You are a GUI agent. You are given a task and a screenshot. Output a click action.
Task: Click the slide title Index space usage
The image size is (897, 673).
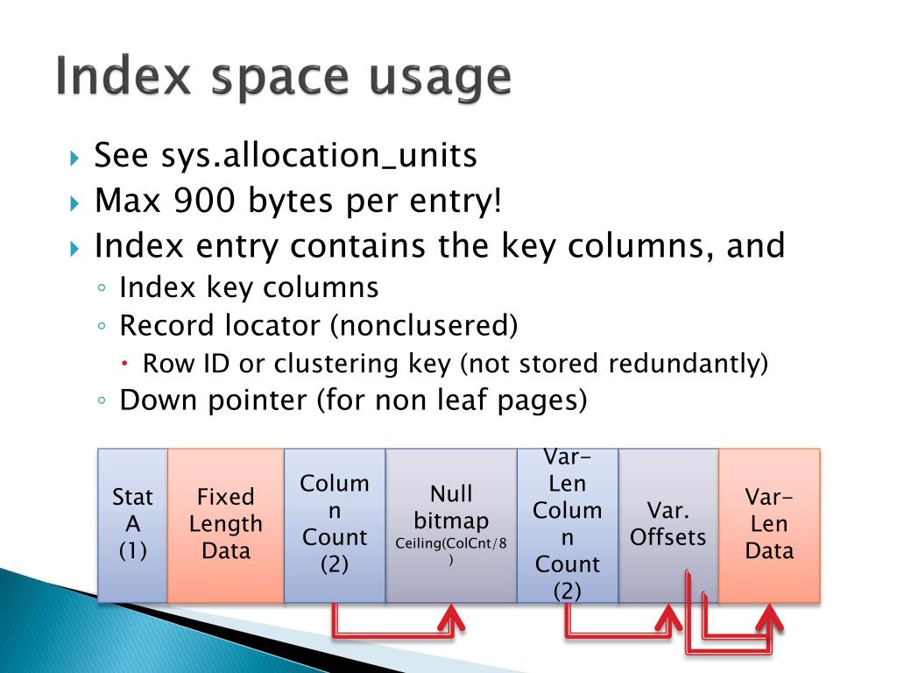coord(282,78)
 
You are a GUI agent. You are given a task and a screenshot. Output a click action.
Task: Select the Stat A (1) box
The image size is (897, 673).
coord(132,524)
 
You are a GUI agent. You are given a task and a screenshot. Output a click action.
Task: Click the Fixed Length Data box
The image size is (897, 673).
coord(225,524)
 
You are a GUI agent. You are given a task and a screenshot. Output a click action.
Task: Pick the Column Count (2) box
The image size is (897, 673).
coord(335,524)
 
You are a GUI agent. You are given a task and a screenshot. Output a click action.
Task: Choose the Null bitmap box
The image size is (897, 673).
coord(451,524)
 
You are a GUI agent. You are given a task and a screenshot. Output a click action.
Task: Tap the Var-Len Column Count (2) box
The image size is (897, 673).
coord(567,524)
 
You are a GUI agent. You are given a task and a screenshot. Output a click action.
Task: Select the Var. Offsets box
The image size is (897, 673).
coord(667,524)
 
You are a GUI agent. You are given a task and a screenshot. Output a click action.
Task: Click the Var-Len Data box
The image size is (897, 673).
coord(769,524)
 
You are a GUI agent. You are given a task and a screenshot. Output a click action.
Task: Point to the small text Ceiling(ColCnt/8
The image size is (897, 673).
coord(450,544)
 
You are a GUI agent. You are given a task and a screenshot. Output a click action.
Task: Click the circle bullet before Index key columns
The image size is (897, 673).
coord(102,288)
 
